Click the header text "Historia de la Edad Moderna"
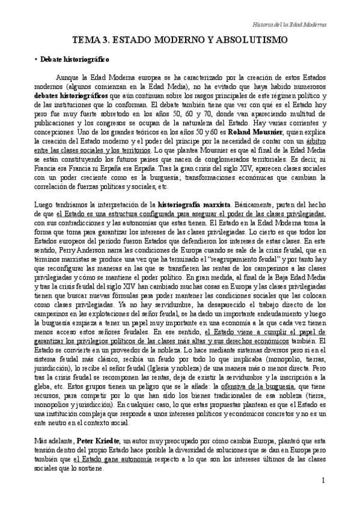tap(289, 25)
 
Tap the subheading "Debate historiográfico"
tap(75, 60)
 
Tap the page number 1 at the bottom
tap(323, 480)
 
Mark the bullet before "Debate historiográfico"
tap(37, 60)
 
